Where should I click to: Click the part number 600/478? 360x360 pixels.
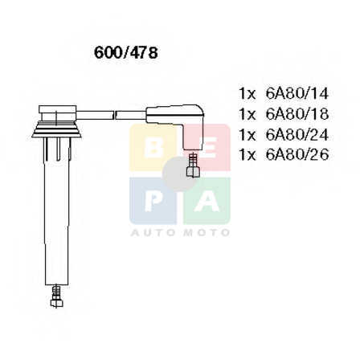click(x=125, y=53)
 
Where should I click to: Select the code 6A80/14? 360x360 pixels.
click(x=297, y=93)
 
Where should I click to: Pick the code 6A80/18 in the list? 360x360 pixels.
click(x=297, y=114)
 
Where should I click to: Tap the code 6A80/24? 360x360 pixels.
click(x=297, y=134)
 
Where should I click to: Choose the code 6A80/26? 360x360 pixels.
click(x=297, y=155)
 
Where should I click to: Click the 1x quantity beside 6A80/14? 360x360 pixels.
click(x=247, y=94)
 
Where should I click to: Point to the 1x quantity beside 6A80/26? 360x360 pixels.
click(x=247, y=155)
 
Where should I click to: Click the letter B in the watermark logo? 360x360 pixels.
click(x=153, y=148)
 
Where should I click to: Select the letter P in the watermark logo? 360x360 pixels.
click(x=153, y=201)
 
